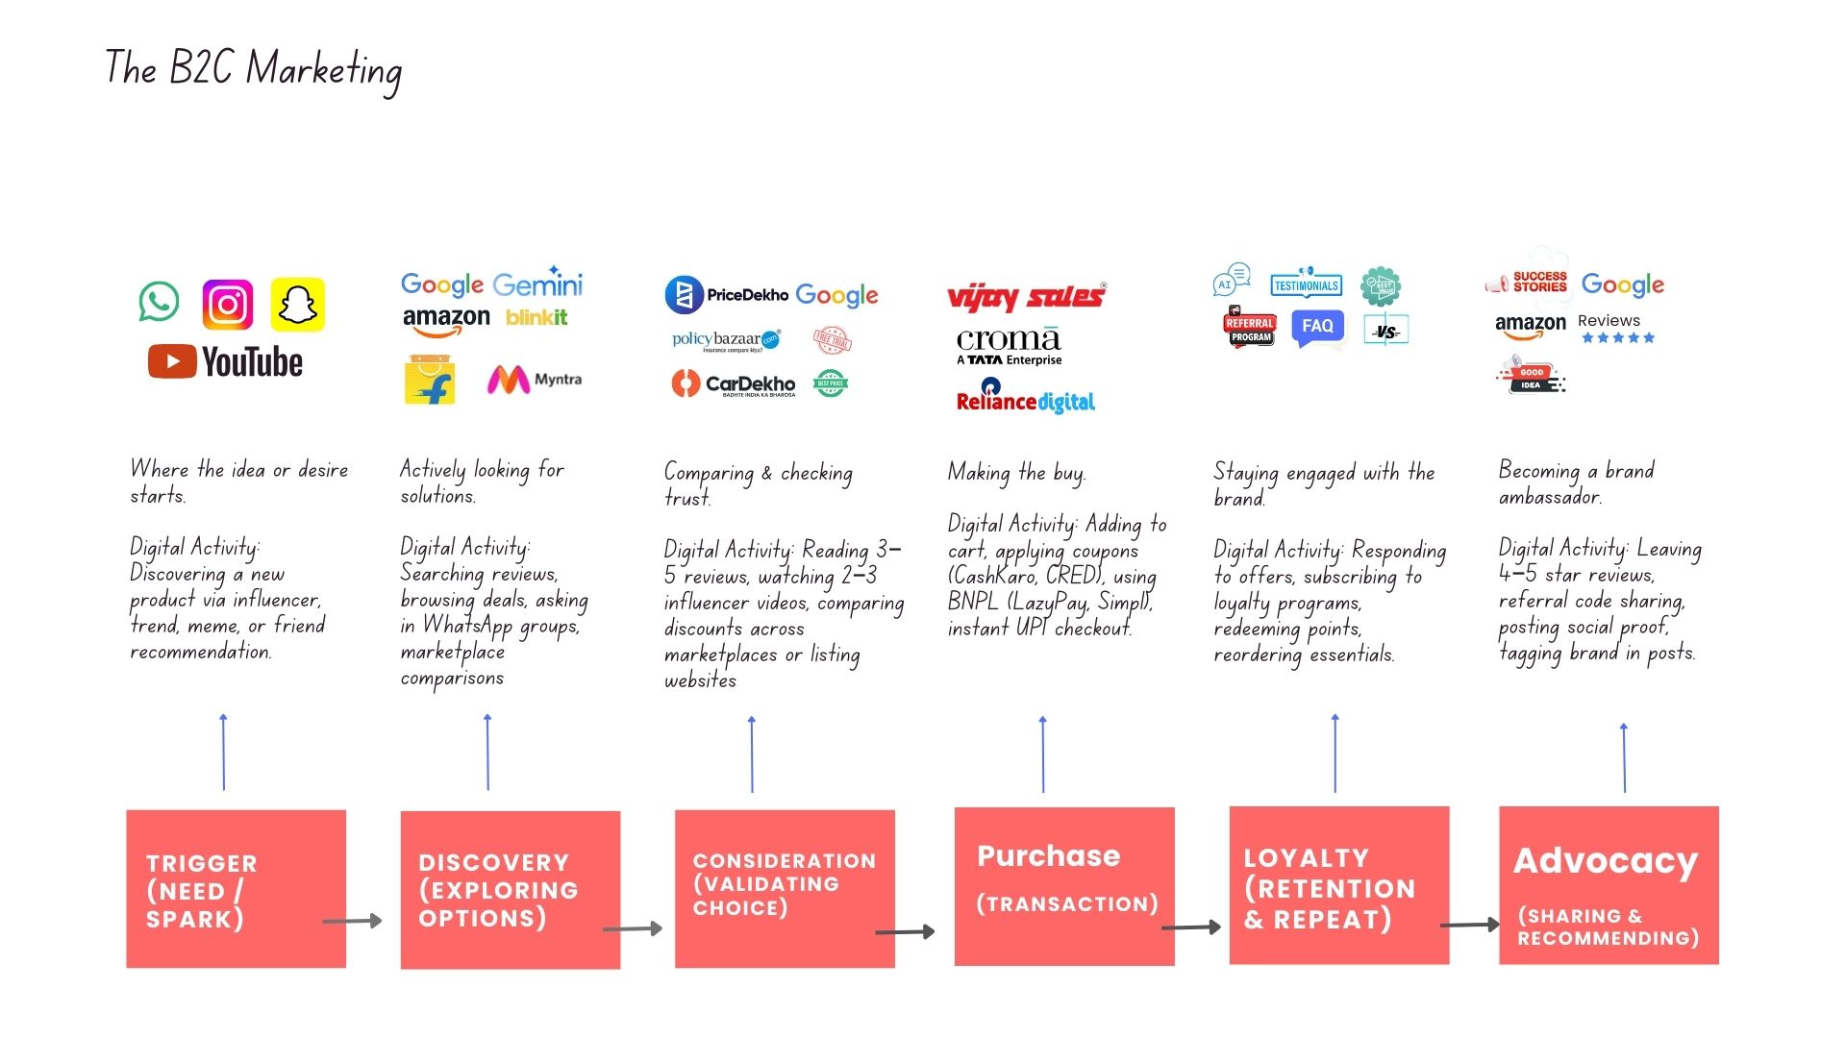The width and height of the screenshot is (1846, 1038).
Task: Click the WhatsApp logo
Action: pos(159,302)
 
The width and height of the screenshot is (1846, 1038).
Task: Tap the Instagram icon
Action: pos(228,305)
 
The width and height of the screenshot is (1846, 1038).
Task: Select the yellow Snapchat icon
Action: pos(298,305)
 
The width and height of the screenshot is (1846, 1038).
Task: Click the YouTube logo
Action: pos(225,362)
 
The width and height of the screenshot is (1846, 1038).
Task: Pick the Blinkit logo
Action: pos(536,317)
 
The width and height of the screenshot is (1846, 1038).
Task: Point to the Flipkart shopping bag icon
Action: pos(430,380)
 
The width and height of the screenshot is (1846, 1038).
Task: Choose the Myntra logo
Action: pos(535,380)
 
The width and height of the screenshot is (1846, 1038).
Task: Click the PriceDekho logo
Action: pos(727,295)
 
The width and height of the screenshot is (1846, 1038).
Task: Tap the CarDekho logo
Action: pos(734,384)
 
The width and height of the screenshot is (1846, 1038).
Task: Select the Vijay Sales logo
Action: pos(1026,297)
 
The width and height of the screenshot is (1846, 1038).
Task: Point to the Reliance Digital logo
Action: pos(1025,397)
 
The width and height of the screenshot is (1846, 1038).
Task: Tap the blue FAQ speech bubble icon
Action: pos(1316,327)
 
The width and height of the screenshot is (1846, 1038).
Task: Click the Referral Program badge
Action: pos(1249,328)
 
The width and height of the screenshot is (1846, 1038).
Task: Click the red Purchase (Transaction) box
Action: pos(1064,886)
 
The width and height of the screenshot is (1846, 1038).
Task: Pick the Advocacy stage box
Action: pos(1609,885)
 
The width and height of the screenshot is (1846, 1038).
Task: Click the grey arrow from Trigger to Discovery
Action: pos(352,921)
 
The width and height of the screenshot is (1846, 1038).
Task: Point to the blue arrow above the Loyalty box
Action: pos(1335,754)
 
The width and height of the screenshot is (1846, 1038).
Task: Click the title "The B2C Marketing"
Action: pos(254,69)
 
